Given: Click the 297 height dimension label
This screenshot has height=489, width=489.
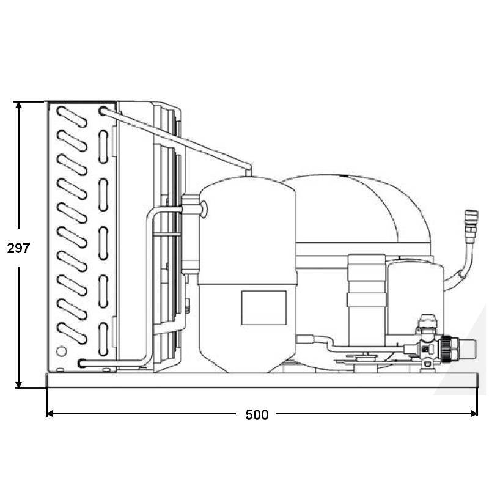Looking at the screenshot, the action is coord(18,248).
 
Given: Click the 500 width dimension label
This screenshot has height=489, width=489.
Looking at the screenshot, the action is coord(257,415).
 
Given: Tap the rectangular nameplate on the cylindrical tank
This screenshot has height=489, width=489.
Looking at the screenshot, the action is coord(264,307).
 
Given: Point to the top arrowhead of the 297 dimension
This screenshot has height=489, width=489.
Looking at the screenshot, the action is coord(19,105).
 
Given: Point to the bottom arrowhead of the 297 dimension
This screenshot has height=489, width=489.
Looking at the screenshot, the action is coord(19,384).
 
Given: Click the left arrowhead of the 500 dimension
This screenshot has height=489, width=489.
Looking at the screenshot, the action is coord(50,414).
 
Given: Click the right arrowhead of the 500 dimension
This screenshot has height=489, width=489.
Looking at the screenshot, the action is coord(474,414).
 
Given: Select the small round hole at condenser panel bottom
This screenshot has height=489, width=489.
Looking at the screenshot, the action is coord(61,351).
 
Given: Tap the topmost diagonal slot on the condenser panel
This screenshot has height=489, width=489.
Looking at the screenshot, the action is coord(72,117).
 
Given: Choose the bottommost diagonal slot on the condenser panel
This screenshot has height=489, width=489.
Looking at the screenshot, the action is coord(72,333).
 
